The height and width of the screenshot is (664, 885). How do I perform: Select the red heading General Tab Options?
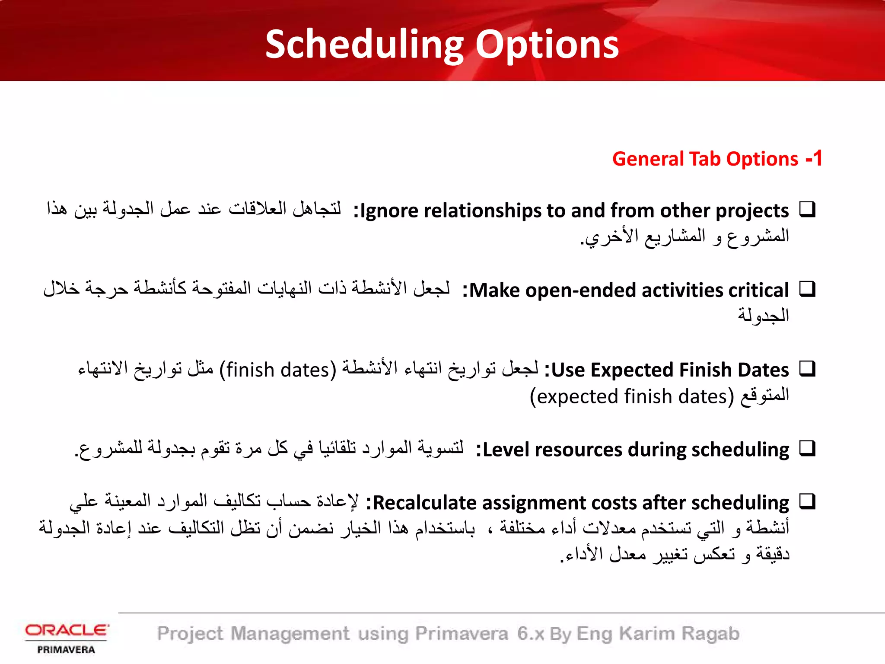705,159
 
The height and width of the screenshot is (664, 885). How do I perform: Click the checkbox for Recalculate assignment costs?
807,501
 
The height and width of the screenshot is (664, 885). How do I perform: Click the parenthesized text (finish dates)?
277,370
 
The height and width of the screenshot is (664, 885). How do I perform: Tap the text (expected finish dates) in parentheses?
632,396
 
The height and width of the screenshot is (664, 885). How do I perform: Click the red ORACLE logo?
67,630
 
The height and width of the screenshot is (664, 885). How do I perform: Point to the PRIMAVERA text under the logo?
66,650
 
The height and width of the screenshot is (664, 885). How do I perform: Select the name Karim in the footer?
646,634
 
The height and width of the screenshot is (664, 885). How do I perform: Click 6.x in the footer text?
531,634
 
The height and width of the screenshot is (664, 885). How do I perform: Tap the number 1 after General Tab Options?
817,159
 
